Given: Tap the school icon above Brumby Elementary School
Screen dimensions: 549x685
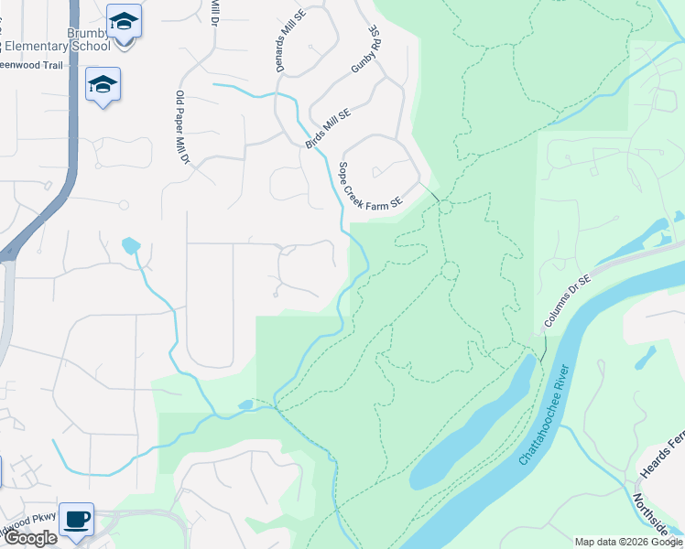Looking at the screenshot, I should [123, 19].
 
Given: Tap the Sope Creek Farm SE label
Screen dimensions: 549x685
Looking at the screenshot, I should [370, 187].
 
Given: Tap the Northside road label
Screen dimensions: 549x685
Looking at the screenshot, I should [652, 517].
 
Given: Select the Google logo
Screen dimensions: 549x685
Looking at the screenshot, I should [29, 538].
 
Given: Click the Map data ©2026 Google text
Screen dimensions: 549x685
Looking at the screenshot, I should [627, 542].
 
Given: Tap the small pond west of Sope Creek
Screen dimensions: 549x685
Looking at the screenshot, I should [130, 245].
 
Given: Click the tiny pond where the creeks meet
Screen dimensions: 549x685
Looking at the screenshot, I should [245, 404].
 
